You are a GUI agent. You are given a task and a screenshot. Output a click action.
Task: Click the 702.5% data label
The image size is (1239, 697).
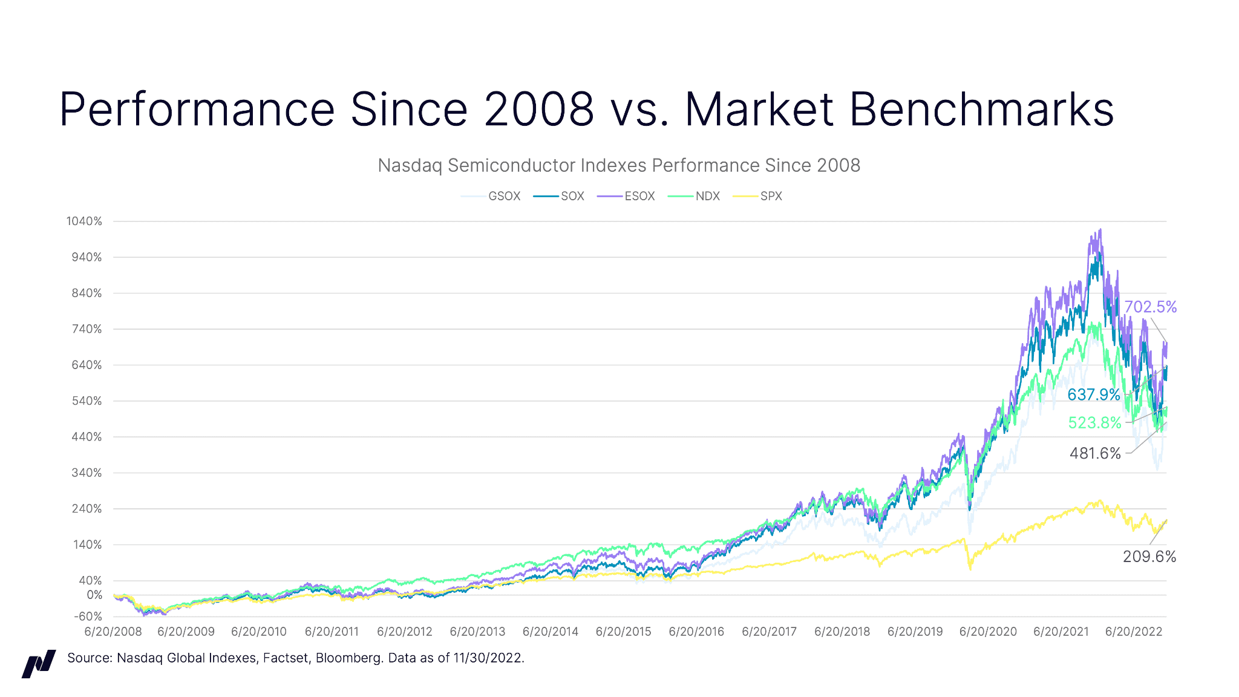click(x=1150, y=307)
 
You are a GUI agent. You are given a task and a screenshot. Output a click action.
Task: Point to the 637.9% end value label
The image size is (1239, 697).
click(x=1094, y=394)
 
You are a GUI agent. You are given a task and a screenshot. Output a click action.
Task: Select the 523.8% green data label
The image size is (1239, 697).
click(x=1094, y=422)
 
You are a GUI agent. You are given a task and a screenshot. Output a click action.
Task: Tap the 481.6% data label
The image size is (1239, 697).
click(x=1095, y=453)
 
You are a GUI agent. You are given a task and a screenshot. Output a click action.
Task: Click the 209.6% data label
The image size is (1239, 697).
click(x=1149, y=557)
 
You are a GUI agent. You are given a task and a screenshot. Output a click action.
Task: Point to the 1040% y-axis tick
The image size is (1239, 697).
click(x=84, y=221)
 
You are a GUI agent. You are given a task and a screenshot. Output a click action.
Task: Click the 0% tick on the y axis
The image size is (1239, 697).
click(x=94, y=595)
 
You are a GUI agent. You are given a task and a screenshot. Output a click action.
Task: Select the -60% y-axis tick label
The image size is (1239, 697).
click(x=88, y=617)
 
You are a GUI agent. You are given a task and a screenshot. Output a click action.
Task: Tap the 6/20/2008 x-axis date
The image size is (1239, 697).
click(x=113, y=632)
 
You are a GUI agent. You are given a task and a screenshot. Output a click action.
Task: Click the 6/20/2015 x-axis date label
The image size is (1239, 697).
click(x=623, y=632)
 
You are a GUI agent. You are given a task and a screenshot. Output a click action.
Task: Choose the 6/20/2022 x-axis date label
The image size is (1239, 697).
click(x=1134, y=632)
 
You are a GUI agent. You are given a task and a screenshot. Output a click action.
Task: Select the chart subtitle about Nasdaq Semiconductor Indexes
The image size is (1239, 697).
click(x=619, y=165)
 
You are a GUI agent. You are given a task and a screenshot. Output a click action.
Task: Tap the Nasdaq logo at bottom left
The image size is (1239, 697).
click(x=39, y=664)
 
